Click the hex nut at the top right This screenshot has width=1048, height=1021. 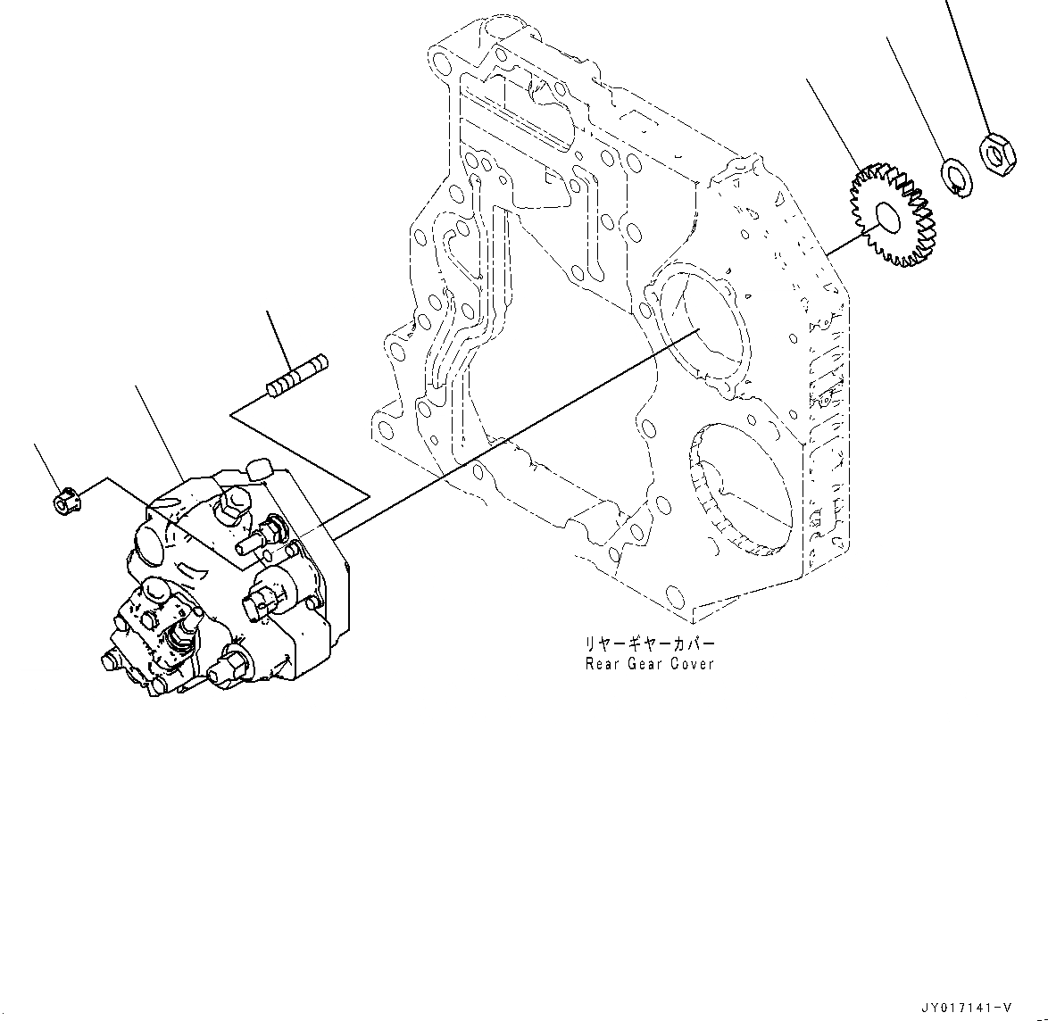[995, 153]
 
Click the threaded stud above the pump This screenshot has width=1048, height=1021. [298, 376]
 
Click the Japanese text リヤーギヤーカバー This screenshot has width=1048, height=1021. [649, 643]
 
